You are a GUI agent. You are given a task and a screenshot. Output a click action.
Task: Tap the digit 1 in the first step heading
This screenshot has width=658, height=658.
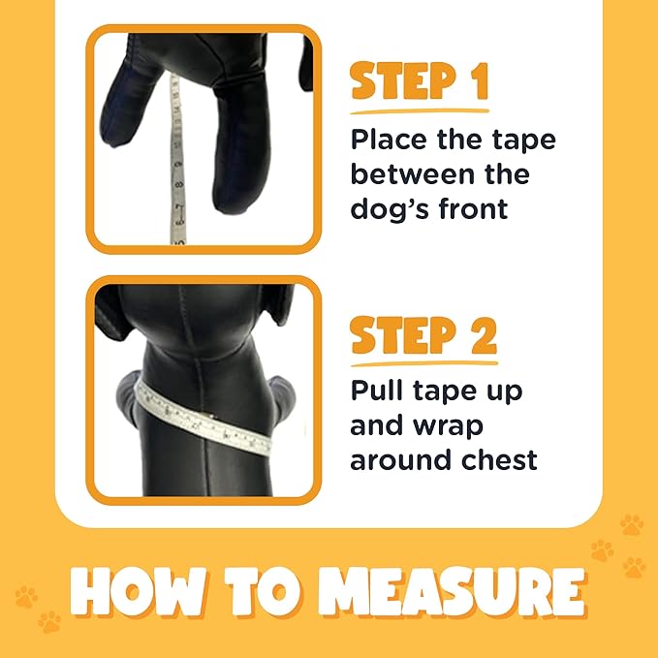(x=476, y=83)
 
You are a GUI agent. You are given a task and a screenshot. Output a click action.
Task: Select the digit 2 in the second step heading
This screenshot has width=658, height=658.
(x=478, y=335)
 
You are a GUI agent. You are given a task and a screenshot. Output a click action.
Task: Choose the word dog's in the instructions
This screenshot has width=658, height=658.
(x=389, y=208)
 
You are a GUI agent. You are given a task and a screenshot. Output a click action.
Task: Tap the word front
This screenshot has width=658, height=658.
(x=472, y=208)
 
